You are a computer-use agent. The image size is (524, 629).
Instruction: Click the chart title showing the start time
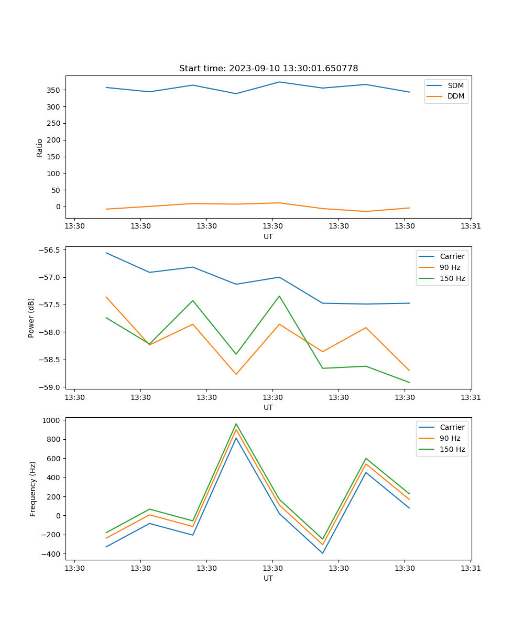(x=268, y=69)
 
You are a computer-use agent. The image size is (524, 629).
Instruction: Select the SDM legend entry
(x=455, y=85)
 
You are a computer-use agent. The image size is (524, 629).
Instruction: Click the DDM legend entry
(x=456, y=96)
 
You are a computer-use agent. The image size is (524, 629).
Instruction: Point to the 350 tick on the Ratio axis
(x=54, y=90)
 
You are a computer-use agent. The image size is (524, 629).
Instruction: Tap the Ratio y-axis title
(x=40, y=147)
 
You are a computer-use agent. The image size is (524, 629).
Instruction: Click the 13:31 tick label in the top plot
(x=471, y=226)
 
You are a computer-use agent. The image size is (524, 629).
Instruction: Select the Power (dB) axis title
(x=31, y=318)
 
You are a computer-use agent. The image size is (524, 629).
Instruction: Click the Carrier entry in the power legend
(x=452, y=256)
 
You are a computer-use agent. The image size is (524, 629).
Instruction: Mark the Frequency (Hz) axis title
(x=33, y=489)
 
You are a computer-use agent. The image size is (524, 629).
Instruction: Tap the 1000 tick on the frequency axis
(x=52, y=420)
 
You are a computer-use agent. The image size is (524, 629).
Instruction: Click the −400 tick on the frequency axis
(x=52, y=554)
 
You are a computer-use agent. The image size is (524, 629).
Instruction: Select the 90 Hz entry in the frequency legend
(x=450, y=438)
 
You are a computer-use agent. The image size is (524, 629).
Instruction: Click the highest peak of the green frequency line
(x=236, y=424)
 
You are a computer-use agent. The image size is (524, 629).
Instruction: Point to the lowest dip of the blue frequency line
(x=323, y=553)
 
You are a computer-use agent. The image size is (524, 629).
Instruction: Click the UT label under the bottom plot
(x=268, y=579)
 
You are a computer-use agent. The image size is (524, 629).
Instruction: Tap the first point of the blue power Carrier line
(x=106, y=253)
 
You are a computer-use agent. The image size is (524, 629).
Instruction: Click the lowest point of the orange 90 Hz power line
(x=236, y=374)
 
